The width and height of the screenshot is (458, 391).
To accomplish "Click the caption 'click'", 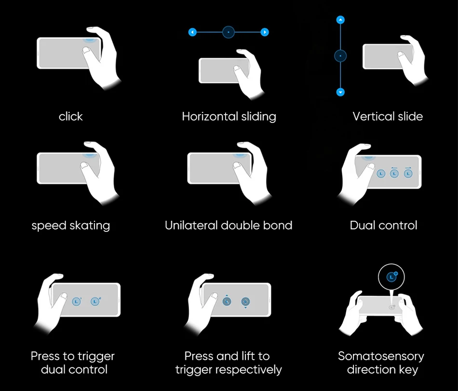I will pos(71,117).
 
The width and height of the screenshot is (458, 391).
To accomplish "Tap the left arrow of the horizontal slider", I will pos(193,32).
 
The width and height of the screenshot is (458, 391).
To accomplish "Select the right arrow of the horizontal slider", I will pos(265,32).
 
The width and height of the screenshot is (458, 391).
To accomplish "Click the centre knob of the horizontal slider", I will pos(229,32).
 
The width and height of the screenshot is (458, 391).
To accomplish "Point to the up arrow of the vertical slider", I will pos(341,20).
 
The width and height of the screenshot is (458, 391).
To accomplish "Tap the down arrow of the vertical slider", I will pos(341,92).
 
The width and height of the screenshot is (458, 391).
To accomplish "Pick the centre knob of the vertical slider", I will pos(341,56).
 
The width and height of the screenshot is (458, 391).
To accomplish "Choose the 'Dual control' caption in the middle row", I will pos(383,225).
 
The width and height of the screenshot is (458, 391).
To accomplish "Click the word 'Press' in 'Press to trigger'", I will pos(45,356).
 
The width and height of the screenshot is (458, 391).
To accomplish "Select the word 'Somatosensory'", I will pos(381,356).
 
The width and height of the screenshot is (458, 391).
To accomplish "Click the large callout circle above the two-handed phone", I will pos(392,277).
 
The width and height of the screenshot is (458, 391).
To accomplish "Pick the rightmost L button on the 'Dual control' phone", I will pos(408,172).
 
